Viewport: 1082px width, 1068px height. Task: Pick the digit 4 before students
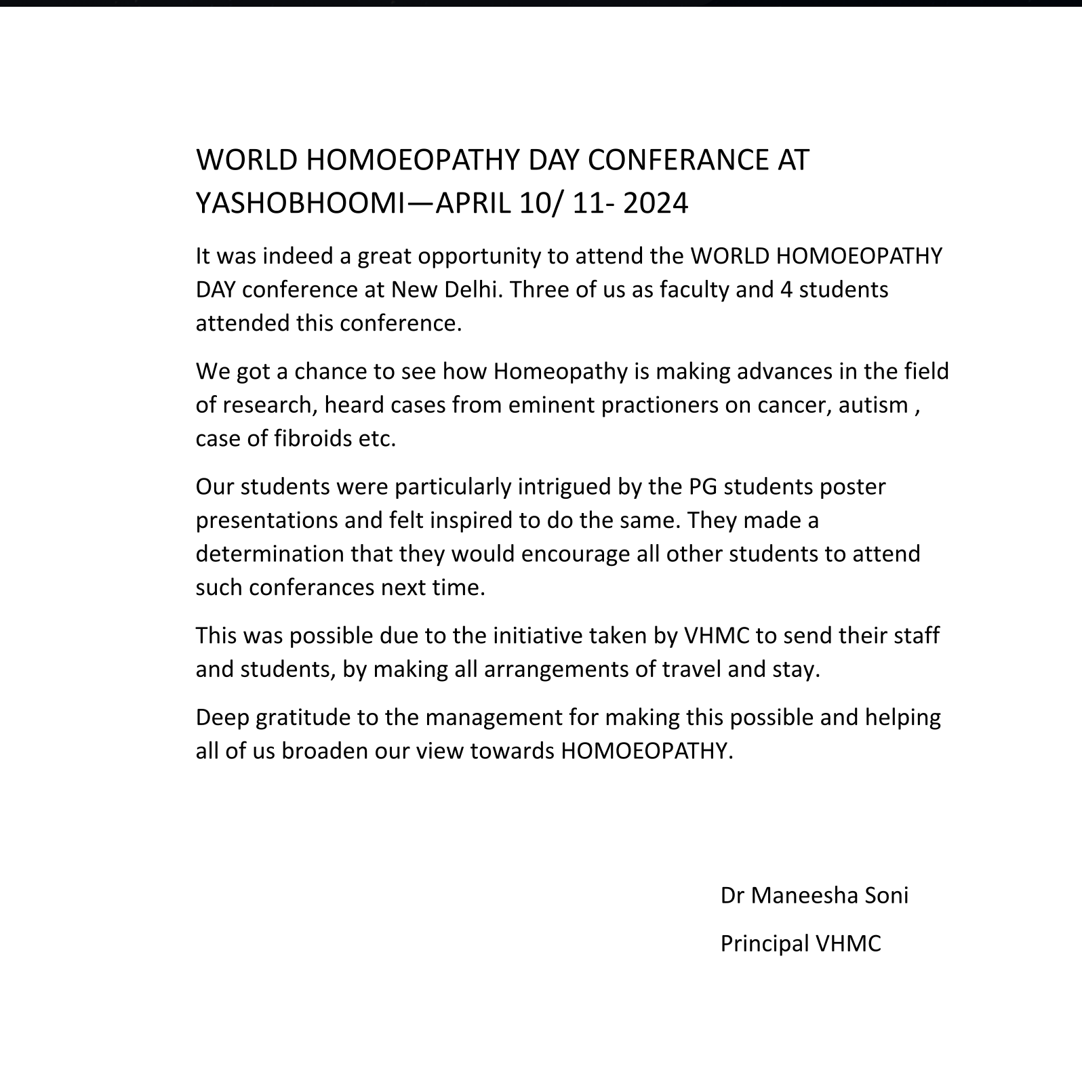pyautogui.click(x=786, y=290)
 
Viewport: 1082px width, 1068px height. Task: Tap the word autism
pyautogui.click(x=873, y=405)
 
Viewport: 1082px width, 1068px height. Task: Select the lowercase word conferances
pyautogui.click(x=312, y=587)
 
